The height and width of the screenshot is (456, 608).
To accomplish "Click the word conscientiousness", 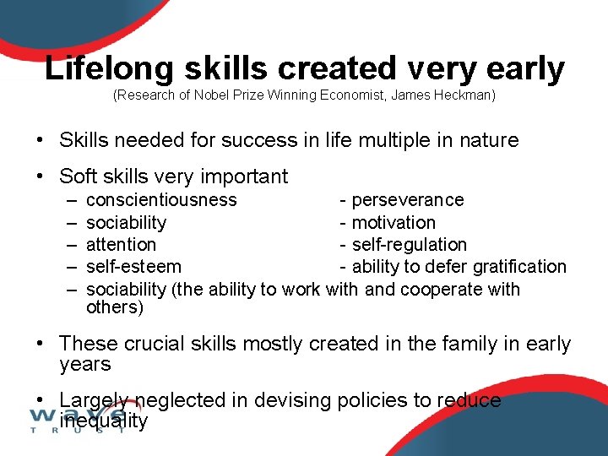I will point(161,200).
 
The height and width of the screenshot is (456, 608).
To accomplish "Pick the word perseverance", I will point(407,200).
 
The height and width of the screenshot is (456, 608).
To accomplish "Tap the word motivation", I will point(394,223).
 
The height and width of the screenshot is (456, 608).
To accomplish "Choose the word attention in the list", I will point(121,245).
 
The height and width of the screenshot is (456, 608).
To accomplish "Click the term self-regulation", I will point(409,245).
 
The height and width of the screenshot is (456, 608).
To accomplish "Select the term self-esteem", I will point(133,267).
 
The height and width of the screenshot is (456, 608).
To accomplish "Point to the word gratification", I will point(518,267).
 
